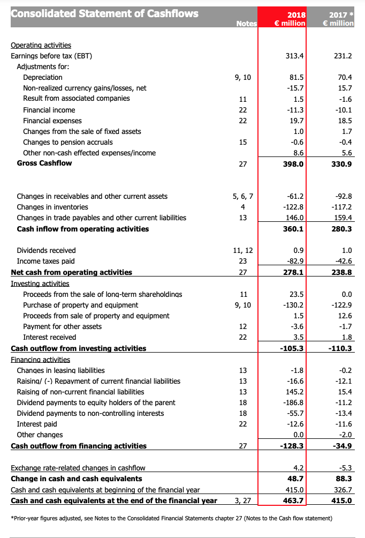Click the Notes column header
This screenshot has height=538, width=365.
(x=247, y=24)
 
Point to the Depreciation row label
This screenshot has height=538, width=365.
(x=43, y=77)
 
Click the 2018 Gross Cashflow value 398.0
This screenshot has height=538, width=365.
(x=294, y=164)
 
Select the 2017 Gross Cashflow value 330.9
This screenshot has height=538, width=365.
(x=342, y=164)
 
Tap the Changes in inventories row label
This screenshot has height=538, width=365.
(x=52, y=207)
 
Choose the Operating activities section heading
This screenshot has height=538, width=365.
(x=41, y=45)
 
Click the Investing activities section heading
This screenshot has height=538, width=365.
(x=40, y=283)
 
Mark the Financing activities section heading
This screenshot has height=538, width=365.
(x=41, y=359)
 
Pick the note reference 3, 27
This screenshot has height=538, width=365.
(x=243, y=501)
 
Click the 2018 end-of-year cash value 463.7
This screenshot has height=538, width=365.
(x=294, y=501)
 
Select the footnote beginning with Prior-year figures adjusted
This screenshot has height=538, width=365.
(x=171, y=518)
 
